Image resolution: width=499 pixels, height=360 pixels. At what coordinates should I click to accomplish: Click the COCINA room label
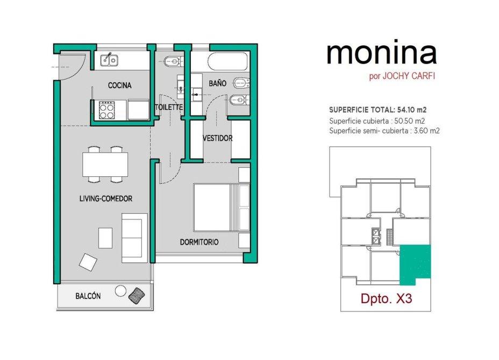[x=120, y=85]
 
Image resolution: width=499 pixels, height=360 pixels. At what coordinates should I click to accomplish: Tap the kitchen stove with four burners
[x=106, y=110]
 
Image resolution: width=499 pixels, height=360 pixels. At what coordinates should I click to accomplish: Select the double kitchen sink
[x=109, y=60]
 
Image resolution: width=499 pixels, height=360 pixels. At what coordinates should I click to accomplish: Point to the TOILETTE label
[x=169, y=107]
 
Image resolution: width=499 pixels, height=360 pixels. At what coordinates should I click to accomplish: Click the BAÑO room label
[x=218, y=83]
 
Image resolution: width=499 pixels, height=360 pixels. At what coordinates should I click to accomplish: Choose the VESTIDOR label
[x=218, y=138]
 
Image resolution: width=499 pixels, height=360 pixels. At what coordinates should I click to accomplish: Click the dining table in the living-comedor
[x=105, y=164]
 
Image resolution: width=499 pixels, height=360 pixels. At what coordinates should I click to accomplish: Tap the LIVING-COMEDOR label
[x=105, y=199]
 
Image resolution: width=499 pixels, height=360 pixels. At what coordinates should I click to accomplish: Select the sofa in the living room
[x=134, y=238]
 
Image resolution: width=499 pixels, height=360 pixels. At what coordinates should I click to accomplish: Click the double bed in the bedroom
[x=222, y=207]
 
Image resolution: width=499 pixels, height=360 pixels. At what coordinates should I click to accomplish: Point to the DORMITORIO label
[x=199, y=242]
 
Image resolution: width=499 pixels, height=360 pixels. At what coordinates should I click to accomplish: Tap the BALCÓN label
[x=88, y=296]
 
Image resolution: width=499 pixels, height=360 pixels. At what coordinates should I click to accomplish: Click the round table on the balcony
[x=120, y=291]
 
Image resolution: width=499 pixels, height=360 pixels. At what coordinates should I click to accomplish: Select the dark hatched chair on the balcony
[x=137, y=296]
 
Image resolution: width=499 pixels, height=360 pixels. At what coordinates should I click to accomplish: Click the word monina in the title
[x=382, y=53]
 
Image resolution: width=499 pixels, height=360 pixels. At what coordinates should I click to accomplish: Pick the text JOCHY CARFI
[x=409, y=76]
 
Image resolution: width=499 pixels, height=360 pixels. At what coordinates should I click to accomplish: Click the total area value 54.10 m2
[x=412, y=110]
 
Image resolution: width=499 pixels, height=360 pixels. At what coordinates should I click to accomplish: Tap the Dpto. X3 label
[x=386, y=299]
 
